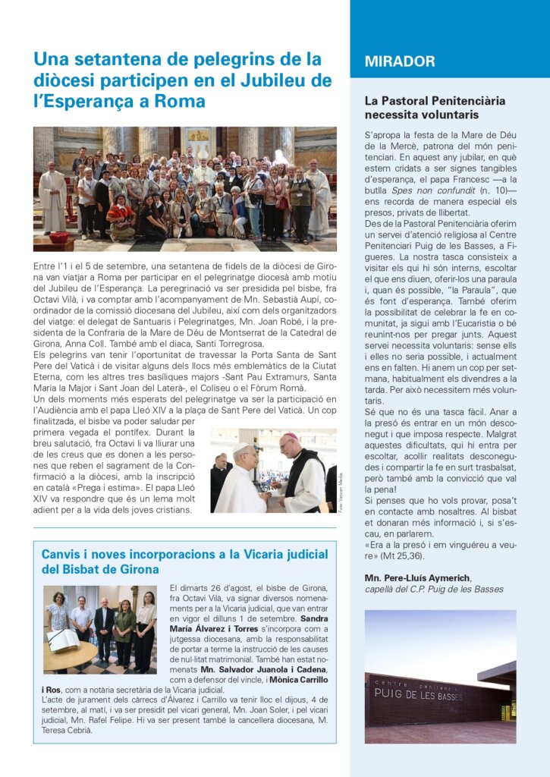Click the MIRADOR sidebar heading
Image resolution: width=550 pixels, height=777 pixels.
400,61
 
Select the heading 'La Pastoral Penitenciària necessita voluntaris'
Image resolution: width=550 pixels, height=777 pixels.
435,108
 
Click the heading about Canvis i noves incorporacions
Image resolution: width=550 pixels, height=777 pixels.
179,561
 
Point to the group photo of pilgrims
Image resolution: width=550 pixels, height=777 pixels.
184,189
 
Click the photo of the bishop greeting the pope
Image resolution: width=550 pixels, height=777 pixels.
273,470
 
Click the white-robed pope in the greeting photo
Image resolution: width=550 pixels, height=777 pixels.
240,483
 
